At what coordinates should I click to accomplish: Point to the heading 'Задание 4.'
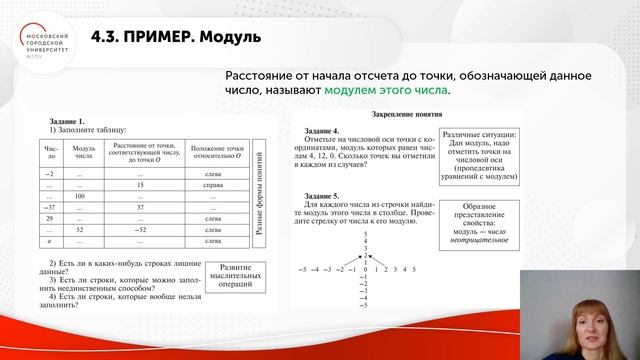pyautogui.click(x=323, y=131)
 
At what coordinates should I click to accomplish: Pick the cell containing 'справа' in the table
pyautogui.click(x=212, y=183)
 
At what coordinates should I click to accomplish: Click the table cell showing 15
pyautogui.click(x=142, y=183)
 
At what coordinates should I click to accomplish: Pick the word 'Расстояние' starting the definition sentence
pyautogui.click(x=258, y=76)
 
